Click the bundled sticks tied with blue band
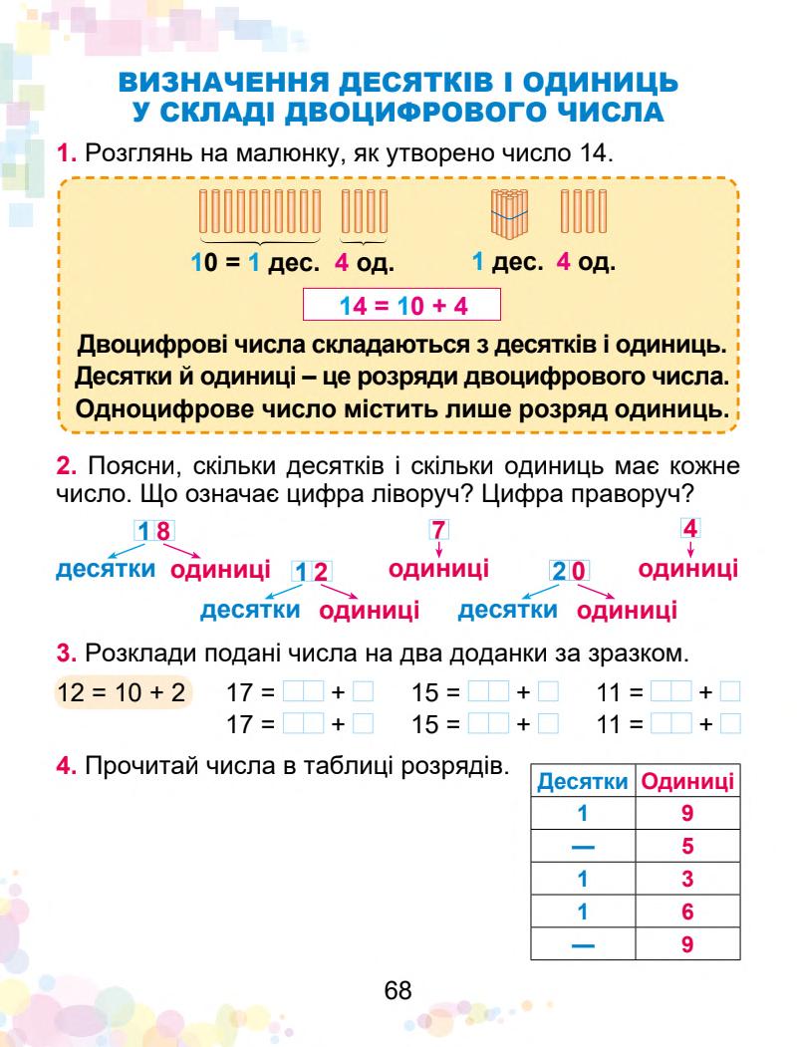pos(510,215)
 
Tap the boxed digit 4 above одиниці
pos(687,529)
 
